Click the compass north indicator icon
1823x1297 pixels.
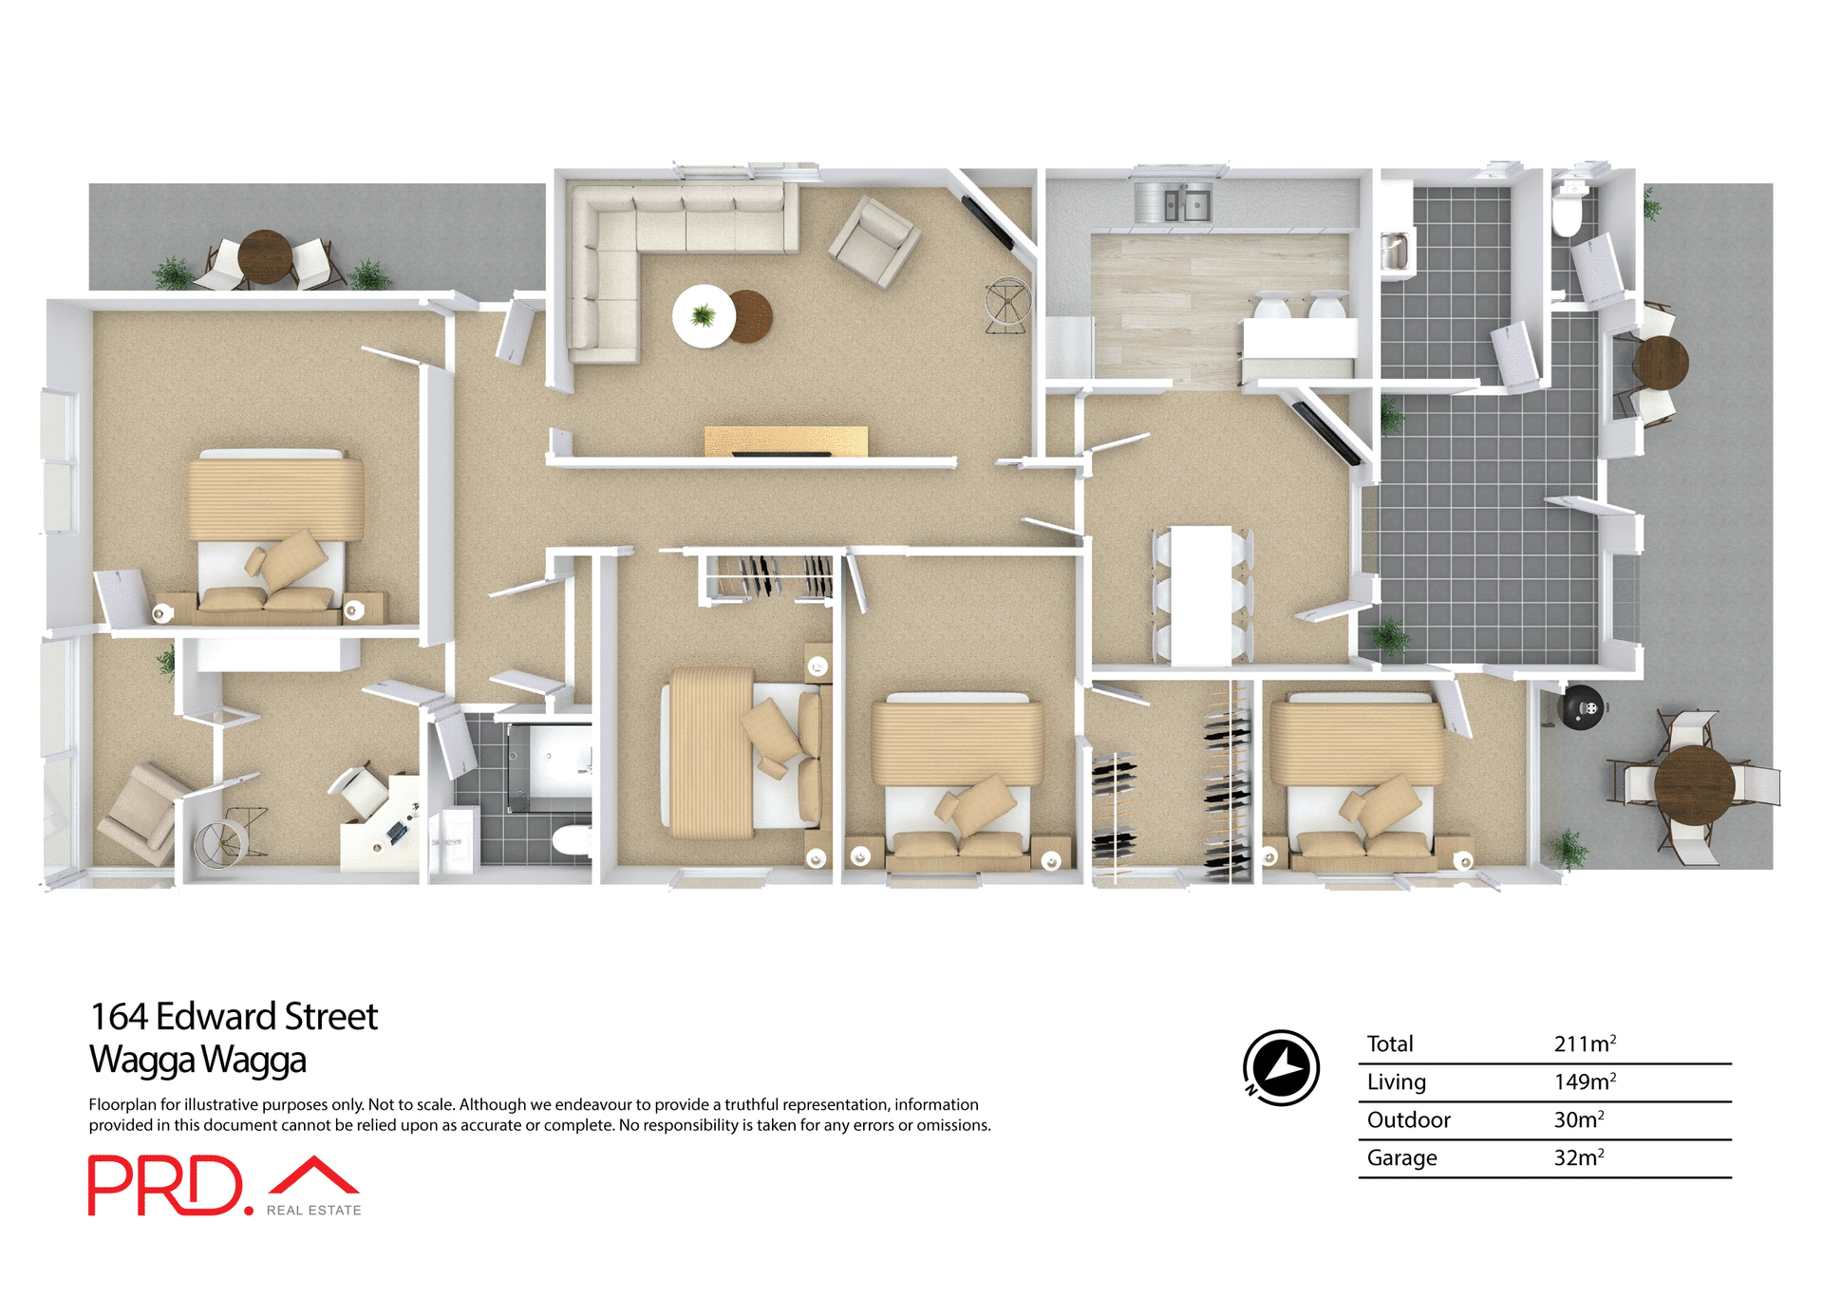point(1281,1067)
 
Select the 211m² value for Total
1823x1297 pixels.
point(1584,1043)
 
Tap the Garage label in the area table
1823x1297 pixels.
point(1401,1157)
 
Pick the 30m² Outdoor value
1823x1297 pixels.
point(1578,1119)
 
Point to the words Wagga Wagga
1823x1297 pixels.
point(197,1060)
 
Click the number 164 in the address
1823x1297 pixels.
point(119,1017)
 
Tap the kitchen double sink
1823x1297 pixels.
point(1174,203)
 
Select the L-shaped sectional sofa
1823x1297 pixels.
point(646,247)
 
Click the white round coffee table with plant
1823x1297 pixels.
point(704,316)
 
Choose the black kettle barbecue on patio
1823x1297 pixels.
point(1583,707)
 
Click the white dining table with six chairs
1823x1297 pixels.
point(1201,595)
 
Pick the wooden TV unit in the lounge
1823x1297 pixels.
point(785,442)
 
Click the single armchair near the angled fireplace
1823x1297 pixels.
point(874,241)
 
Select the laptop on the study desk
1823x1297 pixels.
point(397,833)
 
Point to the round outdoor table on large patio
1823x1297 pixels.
point(1694,785)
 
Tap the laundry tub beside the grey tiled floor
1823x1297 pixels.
point(1394,253)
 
